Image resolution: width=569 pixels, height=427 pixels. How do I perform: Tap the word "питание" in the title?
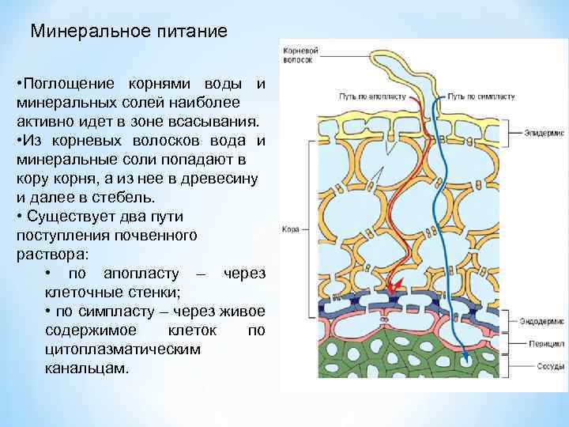(187, 32)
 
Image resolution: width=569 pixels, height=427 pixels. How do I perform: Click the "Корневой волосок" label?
(298, 55)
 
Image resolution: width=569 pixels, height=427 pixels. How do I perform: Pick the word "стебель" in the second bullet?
(134, 198)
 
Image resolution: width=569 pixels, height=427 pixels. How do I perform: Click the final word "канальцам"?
(87, 368)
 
